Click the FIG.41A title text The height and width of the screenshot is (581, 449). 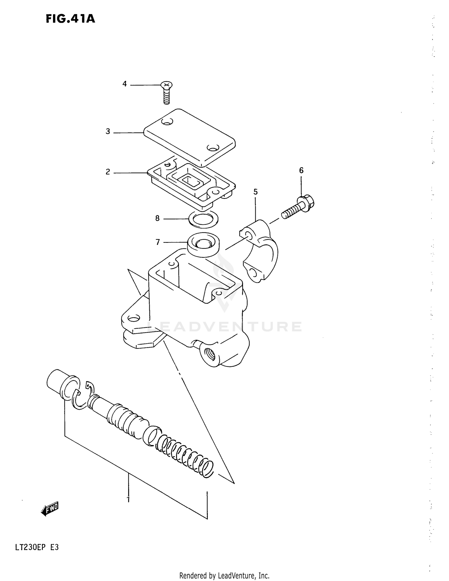point(70,19)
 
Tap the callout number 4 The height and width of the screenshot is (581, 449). point(125,84)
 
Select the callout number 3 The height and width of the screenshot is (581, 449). point(108,131)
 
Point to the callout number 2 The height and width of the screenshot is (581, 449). point(108,172)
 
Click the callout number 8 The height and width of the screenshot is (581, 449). point(157,219)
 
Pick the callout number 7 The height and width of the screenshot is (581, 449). point(158,242)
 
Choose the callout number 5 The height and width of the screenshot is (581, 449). point(255,192)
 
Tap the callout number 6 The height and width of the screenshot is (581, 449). point(301,170)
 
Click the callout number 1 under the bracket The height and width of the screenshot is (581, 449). point(128,499)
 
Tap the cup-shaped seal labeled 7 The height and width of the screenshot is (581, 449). point(203,244)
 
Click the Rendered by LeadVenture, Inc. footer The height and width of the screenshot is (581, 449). point(224,576)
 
